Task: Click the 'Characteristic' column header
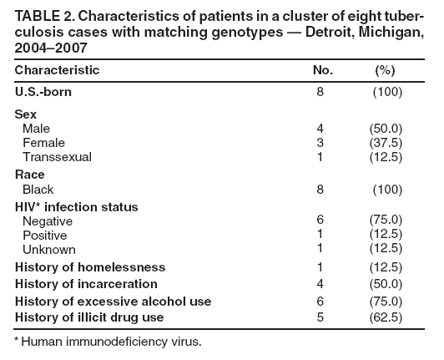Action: coord(58,70)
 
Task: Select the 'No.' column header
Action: coord(321,70)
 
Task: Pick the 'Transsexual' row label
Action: coord(58,156)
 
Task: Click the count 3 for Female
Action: coord(321,143)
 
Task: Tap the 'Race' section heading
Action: coord(29,175)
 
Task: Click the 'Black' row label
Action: coord(38,190)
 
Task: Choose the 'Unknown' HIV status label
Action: coord(49,249)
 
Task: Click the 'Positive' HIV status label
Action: coord(47,236)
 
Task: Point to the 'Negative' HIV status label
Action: coord(48,221)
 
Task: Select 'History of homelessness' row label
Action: coord(90,267)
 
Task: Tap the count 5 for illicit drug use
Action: coord(321,317)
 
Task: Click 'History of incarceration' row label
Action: coord(88,284)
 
